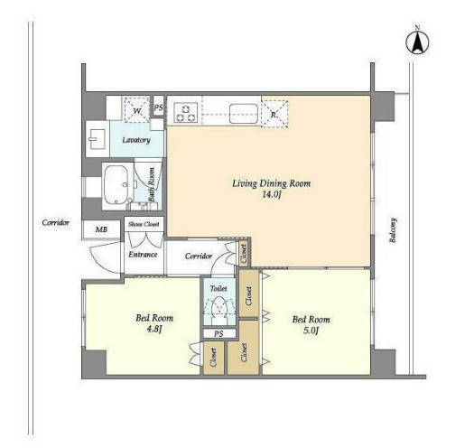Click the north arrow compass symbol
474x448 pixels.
417,43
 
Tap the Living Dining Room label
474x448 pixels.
271,183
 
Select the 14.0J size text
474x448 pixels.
272,194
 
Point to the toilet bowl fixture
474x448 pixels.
219,307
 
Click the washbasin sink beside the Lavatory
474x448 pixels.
98,139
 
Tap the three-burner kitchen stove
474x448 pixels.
186,113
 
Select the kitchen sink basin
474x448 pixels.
244,114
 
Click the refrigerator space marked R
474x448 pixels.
274,114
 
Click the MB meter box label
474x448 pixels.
101,229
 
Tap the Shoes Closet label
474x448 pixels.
144,224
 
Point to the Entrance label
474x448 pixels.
143,255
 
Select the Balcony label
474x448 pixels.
393,230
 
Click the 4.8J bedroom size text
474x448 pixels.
154,329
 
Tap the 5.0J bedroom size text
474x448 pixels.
311,331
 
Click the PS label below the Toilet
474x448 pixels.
218,333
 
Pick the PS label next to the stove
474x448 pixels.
158,107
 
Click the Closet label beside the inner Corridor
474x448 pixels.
244,254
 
